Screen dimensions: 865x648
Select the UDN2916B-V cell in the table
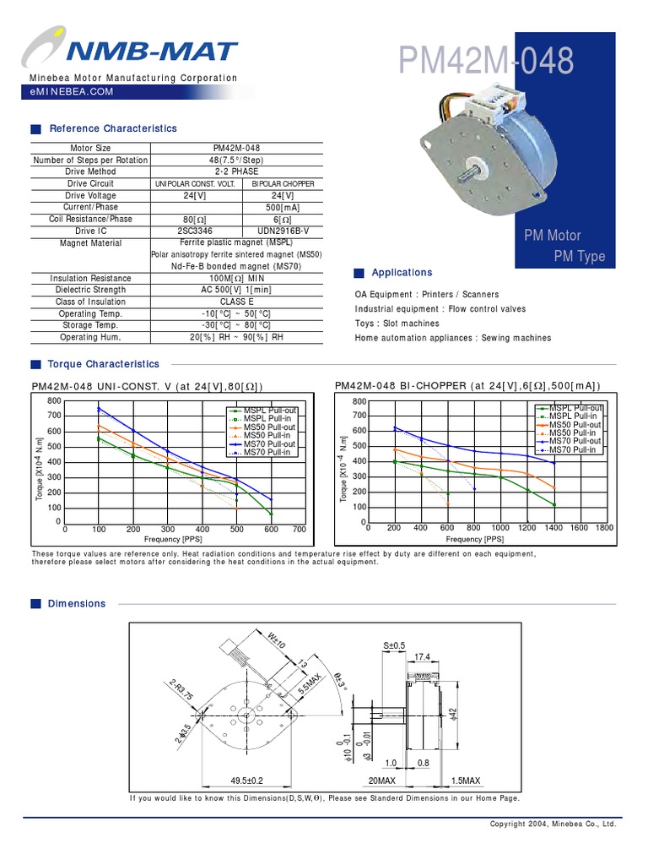coord(282,231)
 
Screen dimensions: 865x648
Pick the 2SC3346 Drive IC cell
coord(195,231)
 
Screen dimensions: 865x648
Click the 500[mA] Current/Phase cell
coord(282,207)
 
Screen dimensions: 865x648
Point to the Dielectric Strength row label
coord(90,290)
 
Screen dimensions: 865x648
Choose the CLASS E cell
coord(236,302)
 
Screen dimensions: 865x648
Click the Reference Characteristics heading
coord(113,128)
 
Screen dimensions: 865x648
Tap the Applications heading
coord(402,273)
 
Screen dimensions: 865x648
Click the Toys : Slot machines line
coord(397,324)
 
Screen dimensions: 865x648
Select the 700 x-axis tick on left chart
coord(299,530)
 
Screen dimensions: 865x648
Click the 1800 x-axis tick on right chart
coord(605,528)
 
